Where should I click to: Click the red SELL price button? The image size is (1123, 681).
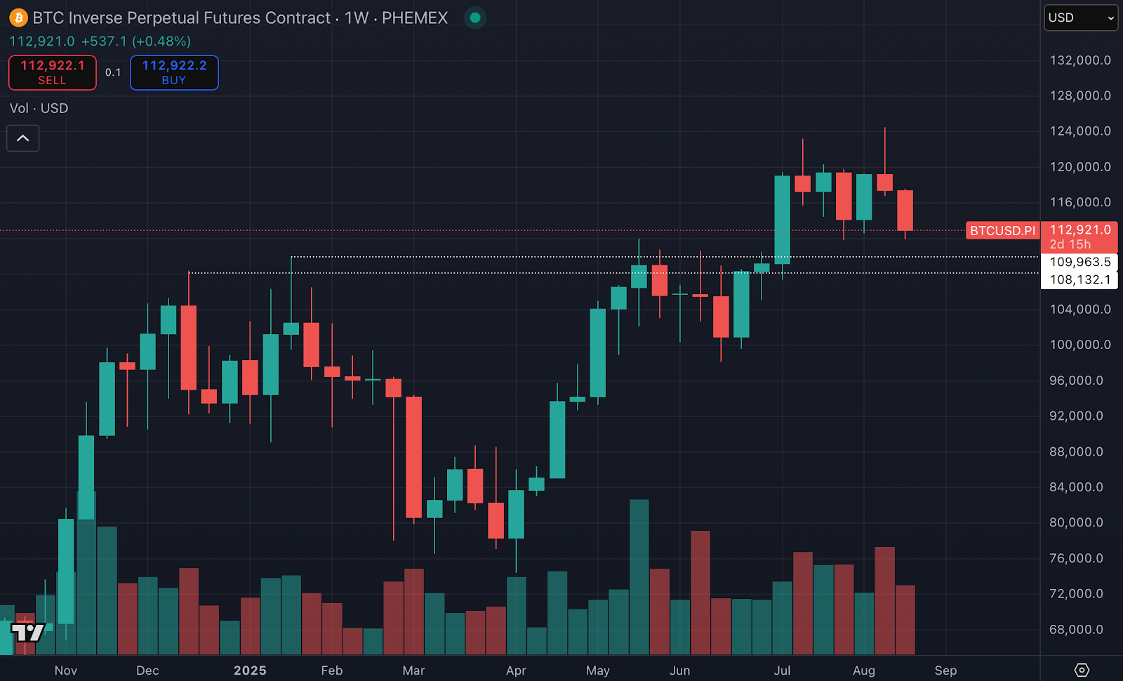53,72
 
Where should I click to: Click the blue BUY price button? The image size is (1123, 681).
174,72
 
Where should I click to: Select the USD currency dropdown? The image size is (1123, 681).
1080,18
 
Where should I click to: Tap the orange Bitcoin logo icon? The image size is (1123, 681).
18,18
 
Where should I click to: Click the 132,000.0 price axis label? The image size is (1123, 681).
1079,60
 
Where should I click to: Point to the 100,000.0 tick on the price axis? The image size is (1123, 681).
1079,345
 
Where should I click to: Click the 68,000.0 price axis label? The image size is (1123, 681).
1079,630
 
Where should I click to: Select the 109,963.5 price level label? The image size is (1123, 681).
1079,262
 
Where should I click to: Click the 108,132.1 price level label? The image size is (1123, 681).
1079,279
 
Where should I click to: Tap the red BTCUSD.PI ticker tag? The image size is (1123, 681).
1002,230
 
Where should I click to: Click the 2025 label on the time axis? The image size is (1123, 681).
250,670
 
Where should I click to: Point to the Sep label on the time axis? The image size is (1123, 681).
945,670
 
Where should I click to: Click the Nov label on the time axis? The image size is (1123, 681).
66,670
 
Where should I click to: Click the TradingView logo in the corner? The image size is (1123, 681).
28,633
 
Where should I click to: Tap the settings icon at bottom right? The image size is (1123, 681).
1082,670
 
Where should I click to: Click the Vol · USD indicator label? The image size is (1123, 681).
39,108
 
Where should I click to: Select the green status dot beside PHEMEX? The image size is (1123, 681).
475,18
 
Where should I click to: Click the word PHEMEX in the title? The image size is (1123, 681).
415,18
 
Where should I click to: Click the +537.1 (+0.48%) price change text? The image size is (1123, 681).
136,41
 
